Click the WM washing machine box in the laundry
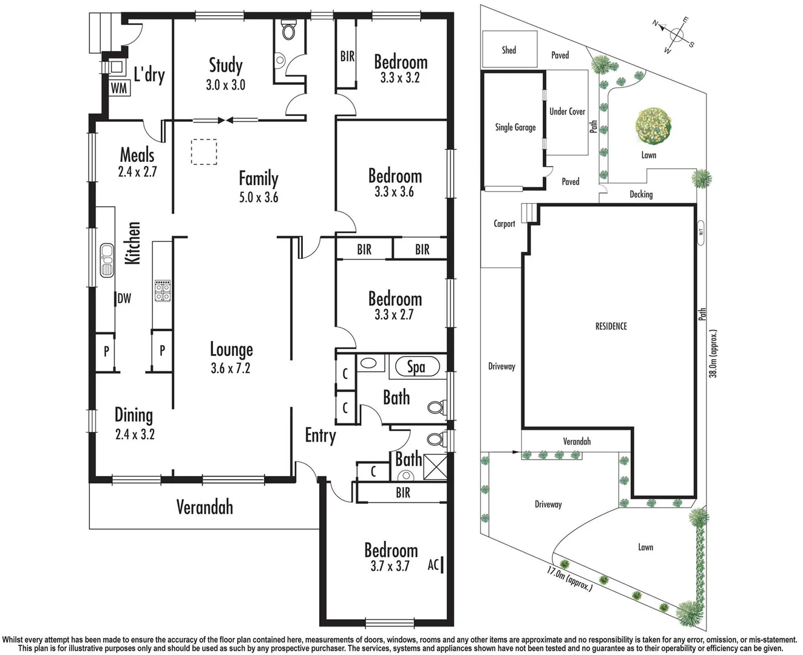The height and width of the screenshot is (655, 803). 119,87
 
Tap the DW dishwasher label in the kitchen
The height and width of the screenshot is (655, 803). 124,298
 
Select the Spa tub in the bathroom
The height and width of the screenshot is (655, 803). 416,367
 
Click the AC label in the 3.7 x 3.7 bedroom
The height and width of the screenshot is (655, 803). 433,565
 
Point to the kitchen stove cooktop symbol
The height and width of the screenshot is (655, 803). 163,291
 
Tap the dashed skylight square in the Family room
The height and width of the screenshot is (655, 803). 204,152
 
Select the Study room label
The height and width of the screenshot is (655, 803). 225,65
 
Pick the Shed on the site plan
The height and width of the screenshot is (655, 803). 509,50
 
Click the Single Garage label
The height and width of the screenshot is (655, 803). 515,127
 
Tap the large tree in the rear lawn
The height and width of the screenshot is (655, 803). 652,127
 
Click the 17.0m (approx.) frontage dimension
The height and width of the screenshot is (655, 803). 569,579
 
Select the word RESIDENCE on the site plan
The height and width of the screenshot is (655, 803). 611,326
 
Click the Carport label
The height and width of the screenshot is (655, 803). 504,224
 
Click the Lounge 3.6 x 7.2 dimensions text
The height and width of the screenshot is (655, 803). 231,368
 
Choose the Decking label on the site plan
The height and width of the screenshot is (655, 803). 640,194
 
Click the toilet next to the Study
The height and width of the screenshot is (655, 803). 288,30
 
